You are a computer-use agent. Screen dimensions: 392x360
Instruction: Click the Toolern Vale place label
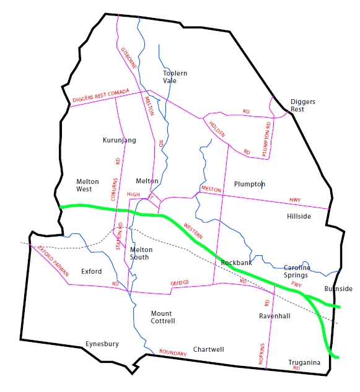point(175,77)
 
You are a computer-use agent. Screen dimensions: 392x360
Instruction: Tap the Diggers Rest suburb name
point(297,105)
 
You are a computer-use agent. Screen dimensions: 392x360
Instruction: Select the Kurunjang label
point(119,141)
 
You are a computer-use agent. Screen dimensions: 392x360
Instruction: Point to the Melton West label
point(87,185)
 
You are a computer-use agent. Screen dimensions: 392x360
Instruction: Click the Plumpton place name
point(249,185)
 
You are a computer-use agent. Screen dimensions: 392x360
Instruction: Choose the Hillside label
point(299,217)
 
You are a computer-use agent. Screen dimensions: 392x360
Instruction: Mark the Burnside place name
point(338,289)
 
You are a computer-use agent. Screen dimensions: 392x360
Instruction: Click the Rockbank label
point(236,263)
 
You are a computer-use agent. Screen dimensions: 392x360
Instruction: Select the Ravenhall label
point(274,316)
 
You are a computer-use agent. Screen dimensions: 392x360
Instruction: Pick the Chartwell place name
point(208,350)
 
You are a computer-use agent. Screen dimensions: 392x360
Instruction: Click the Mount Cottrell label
point(163,317)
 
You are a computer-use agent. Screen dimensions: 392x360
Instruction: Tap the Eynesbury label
point(102,344)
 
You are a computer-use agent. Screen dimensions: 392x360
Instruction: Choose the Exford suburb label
point(91,271)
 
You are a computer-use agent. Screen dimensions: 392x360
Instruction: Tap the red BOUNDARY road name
point(173,352)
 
